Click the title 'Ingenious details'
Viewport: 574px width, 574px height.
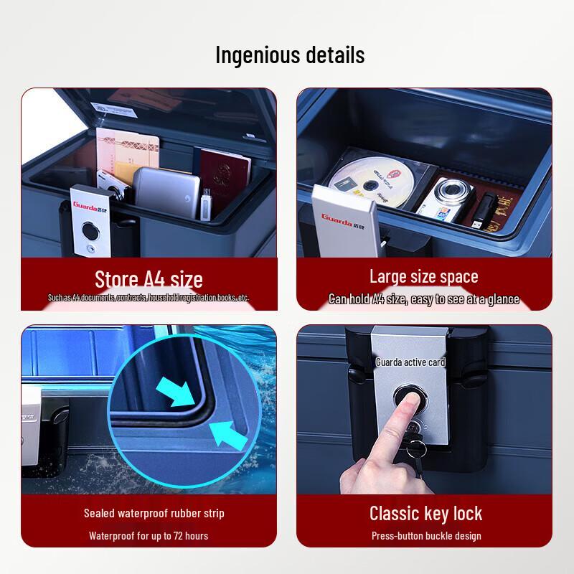click(290, 55)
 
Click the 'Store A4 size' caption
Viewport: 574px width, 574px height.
click(149, 278)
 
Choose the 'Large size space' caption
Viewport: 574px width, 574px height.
click(423, 276)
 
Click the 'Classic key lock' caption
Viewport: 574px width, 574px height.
click(425, 513)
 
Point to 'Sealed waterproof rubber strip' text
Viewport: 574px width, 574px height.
click(154, 513)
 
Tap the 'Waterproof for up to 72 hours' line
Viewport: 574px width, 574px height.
click(149, 535)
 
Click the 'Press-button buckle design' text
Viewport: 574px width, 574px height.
click(425, 535)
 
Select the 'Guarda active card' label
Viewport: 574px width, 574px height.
click(410, 362)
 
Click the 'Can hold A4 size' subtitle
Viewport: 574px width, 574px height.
click(423, 299)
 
